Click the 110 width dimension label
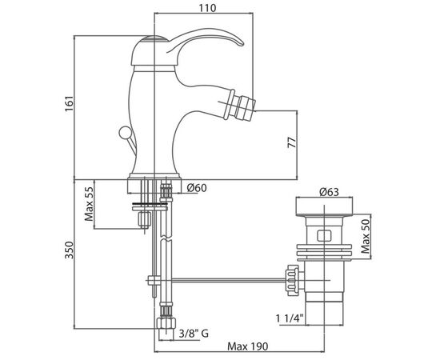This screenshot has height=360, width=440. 208,8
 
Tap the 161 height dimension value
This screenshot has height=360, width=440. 70,103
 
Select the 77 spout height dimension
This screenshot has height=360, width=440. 292,142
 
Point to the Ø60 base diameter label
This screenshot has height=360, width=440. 197,188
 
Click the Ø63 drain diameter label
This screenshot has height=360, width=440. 329,192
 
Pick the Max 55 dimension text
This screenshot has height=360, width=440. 89,203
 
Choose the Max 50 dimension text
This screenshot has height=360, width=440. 366,236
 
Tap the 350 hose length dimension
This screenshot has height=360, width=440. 70,250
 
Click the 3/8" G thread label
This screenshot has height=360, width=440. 194,334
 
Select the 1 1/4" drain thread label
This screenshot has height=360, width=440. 290,318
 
